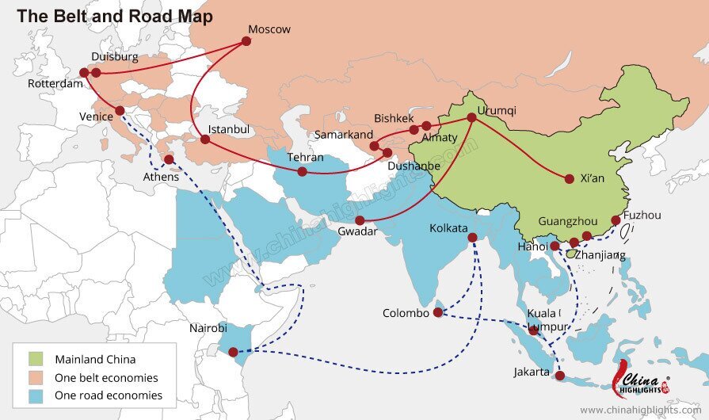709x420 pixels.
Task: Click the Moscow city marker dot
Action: (246, 41)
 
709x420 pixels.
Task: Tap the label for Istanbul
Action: (228, 129)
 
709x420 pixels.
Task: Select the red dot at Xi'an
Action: (569, 179)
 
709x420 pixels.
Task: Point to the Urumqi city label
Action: (496, 111)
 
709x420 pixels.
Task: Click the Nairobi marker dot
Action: (233, 352)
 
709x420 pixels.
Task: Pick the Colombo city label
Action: (406, 313)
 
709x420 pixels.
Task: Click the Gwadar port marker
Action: (360, 221)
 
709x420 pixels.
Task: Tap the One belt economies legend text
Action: (106, 377)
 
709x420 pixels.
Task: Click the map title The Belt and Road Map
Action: (115, 16)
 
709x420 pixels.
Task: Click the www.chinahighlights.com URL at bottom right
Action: (642, 410)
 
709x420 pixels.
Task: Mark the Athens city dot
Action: (169, 159)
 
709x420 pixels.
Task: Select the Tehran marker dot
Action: (302, 172)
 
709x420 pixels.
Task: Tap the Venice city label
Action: (96, 116)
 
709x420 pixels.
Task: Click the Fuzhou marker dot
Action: (616, 221)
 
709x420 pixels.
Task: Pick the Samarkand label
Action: (343, 135)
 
